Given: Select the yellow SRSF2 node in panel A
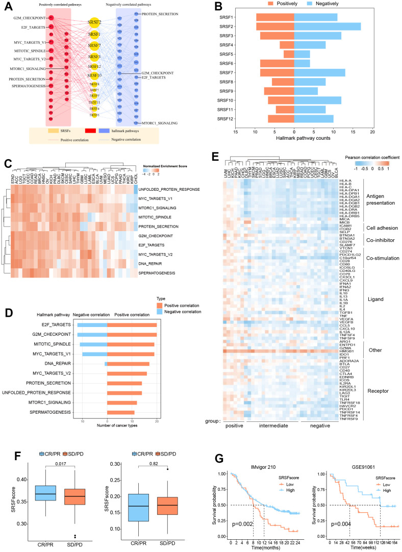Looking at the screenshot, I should (x=94, y=23).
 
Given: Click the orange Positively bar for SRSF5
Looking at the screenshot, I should (x=289, y=54).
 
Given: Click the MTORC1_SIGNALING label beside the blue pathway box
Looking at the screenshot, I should (x=160, y=123).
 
